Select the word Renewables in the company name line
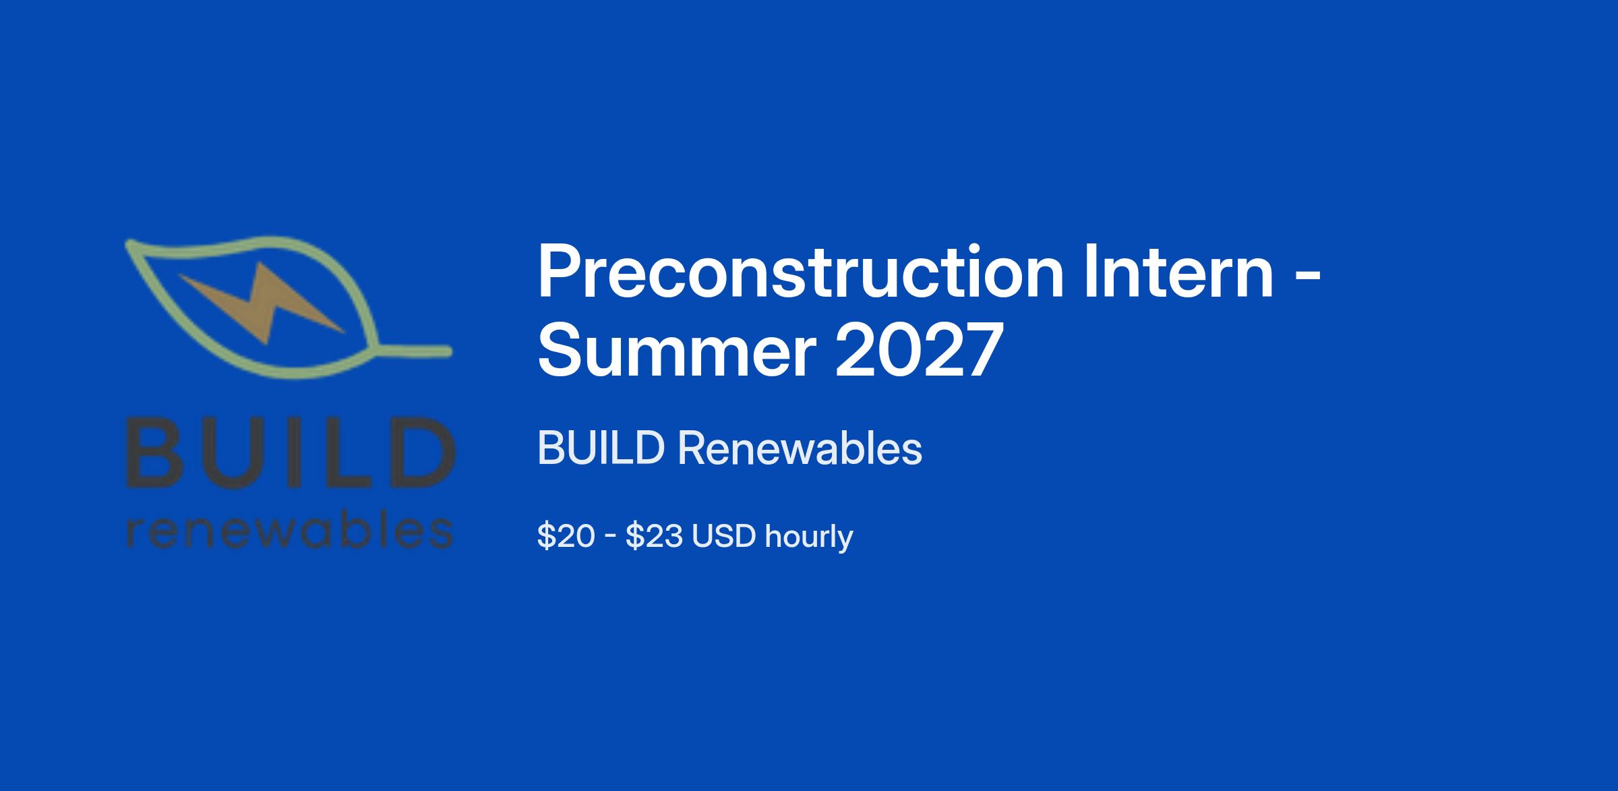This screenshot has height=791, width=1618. coord(800,448)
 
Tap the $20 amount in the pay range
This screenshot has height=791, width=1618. coord(566,537)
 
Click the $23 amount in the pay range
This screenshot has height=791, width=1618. coord(654,537)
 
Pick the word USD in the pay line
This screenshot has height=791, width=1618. coord(723,537)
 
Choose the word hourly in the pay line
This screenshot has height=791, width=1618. coord(809,538)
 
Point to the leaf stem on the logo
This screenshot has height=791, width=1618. coord(413,350)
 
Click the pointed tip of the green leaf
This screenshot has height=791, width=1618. coord(129,244)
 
